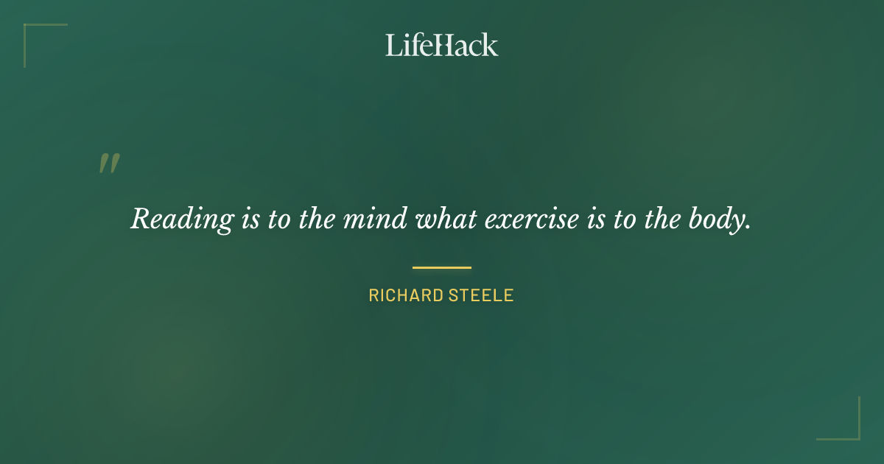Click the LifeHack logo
442,45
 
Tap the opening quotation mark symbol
109,164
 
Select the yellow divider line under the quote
442,267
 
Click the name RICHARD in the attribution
404,296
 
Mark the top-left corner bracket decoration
29,29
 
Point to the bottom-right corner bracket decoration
855,435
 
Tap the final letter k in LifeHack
491,45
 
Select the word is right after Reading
249,219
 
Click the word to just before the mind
278,219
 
